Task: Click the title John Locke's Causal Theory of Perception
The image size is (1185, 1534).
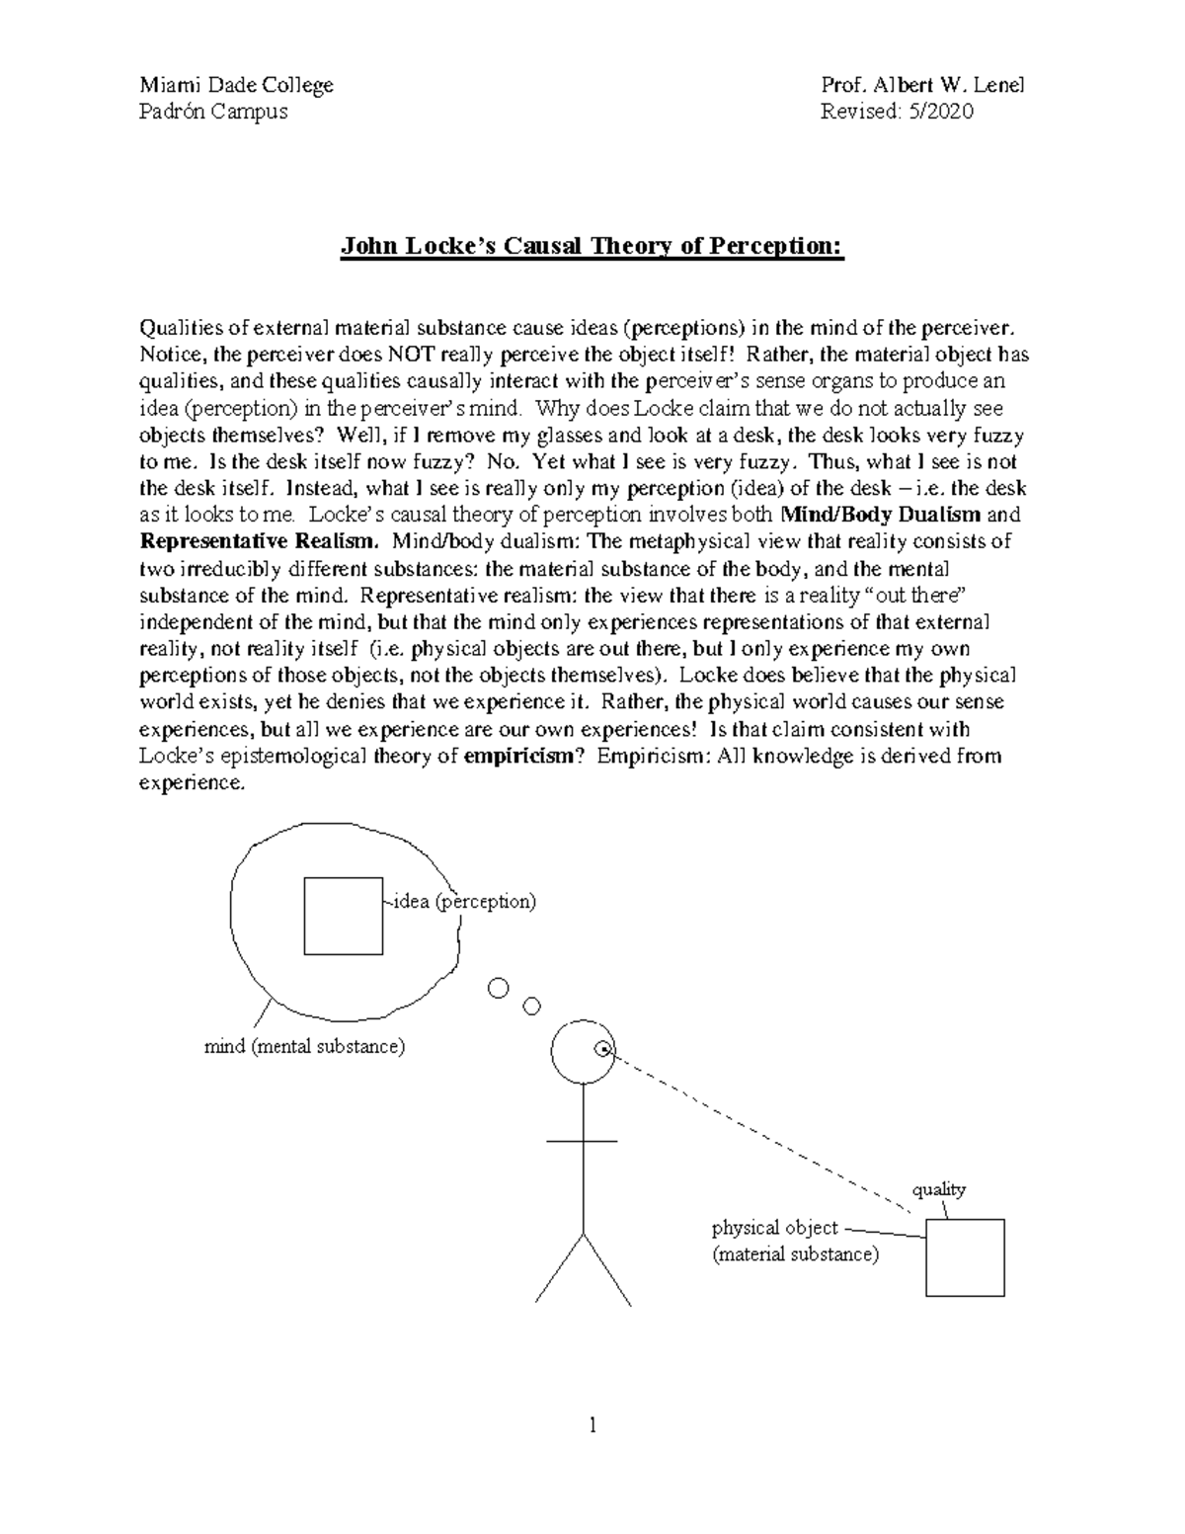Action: pos(592,246)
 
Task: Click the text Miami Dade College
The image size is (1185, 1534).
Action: pos(236,85)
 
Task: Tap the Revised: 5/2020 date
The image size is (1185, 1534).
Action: pos(897,112)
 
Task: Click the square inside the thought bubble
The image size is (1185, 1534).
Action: pos(343,916)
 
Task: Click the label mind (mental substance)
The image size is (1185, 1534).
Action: pos(304,1046)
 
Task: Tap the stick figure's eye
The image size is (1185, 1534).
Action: pos(603,1049)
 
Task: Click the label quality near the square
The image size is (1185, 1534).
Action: pos(938,1189)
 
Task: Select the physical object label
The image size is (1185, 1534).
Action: pos(775,1228)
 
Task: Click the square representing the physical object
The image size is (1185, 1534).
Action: pos(965,1257)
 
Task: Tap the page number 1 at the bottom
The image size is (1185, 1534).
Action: pos(592,1424)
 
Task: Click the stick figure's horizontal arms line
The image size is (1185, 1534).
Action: pos(582,1141)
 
